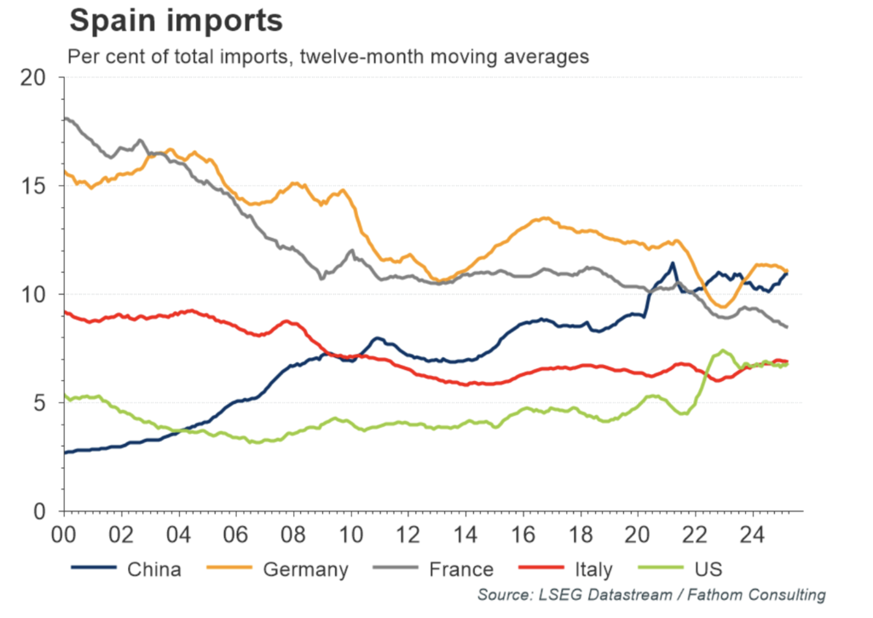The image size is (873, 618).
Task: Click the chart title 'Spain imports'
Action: [x=175, y=21]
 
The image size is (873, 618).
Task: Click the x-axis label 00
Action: [x=64, y=536]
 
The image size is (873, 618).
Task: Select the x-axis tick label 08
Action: [x=293, y=536]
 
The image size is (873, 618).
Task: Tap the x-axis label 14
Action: [x=465, y=536]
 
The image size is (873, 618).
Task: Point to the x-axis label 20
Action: [x=638, y=536]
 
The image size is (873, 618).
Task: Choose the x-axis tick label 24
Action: [x=753, y=536]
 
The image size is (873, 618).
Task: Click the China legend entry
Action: [x=153, y=569]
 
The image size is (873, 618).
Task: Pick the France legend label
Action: [x=460, y=569]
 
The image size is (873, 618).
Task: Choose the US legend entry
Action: [x=710, y=569]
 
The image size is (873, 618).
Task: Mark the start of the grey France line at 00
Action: [x=66, y=118]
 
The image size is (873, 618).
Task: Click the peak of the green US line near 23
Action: [x=723, y=350]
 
